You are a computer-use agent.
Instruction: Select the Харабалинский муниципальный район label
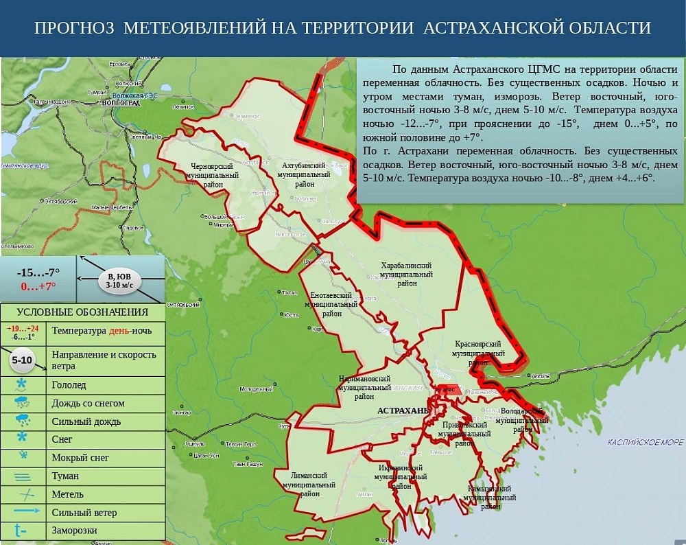[406, 274]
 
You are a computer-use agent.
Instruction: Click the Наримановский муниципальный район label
[365, 387]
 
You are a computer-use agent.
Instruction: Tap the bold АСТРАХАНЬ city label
[403, 410]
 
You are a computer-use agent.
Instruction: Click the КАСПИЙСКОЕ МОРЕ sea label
[645, 443]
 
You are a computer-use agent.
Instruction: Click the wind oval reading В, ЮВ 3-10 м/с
[119, 280]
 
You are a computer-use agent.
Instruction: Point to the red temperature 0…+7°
[38, 286]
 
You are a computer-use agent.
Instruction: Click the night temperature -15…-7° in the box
[38, 272]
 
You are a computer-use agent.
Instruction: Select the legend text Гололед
[69, 385]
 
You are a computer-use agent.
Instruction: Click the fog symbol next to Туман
[23, 476]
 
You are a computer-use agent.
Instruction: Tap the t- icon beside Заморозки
[21, 530]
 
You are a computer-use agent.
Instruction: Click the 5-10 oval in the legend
[23, 360]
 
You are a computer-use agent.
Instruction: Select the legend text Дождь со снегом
[88, 404]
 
